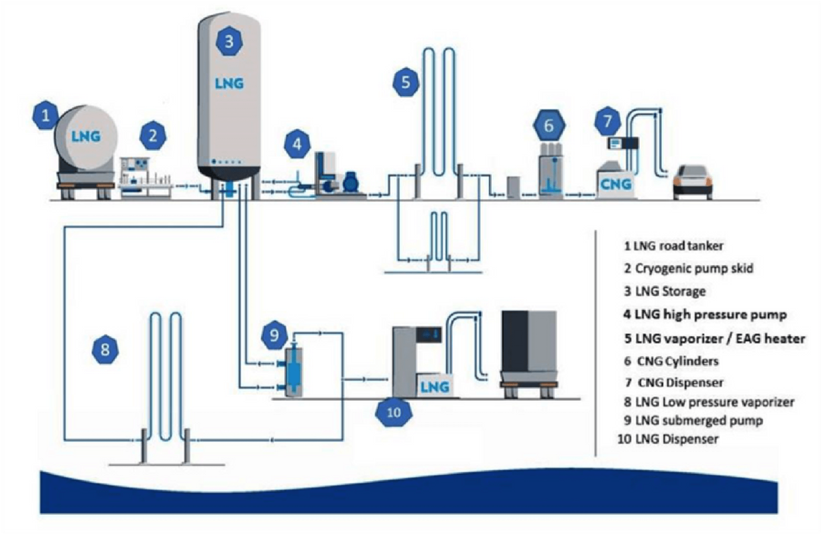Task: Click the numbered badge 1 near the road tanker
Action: pos(45,115)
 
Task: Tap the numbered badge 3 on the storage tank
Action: pos(229,41)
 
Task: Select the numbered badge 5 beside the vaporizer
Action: pos(406,82)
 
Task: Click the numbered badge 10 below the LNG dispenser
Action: pos(394,412)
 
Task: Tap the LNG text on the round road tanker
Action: pos(86,136)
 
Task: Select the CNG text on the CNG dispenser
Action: pos(616,184)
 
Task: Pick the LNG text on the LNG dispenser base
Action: pos(435,387)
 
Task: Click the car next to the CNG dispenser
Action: pos(693,182)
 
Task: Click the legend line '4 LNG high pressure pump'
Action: pos(704,314)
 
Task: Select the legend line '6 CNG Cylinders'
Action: pos(671,361)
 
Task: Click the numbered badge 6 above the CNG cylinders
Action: pos(549,126)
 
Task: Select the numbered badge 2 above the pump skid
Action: pos(153,136)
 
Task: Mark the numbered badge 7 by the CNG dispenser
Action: pos(608,121)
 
